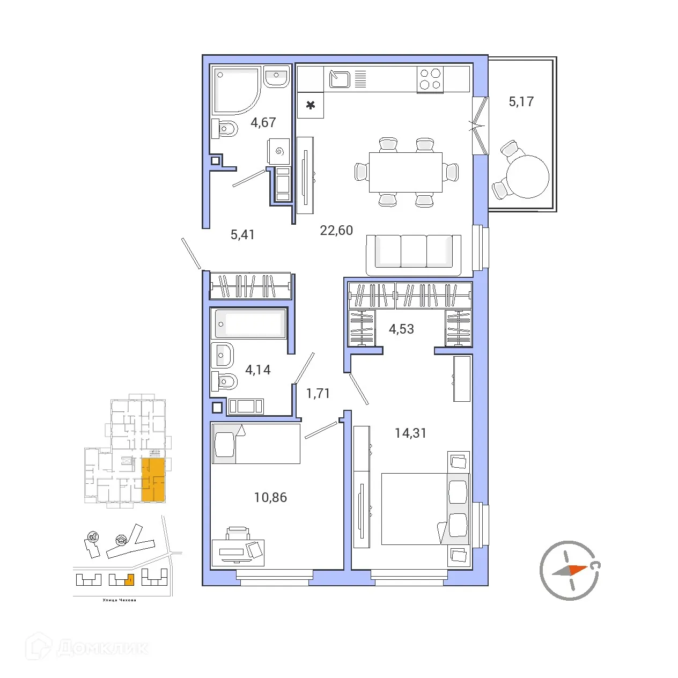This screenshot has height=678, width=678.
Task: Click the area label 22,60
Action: click(x=336, y=231)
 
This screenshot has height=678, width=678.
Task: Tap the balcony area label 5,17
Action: click(x=521, y=101)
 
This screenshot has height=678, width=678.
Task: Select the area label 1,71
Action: click(x=318, y=394)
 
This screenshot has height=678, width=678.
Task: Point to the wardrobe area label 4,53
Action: click(x=401, y=329)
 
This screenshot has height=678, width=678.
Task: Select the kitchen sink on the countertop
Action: click(x=340, y=79)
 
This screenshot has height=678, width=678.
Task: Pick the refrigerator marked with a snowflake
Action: click(x=311, y=105)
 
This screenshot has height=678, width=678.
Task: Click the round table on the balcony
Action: click(x=528, y=176)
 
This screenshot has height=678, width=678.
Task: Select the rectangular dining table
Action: click(x=406, y=172)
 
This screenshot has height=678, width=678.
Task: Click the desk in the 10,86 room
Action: click(x=238, y=552)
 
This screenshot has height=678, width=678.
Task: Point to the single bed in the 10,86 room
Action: click(x=255, y=444)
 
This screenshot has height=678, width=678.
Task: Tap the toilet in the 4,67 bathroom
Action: click(x=225, y=129)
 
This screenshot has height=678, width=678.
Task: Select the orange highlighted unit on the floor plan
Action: click(x=153, y=480)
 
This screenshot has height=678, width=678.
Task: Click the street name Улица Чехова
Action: click(x=119, y=600)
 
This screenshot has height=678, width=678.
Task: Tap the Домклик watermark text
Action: click(x=102, y=647)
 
